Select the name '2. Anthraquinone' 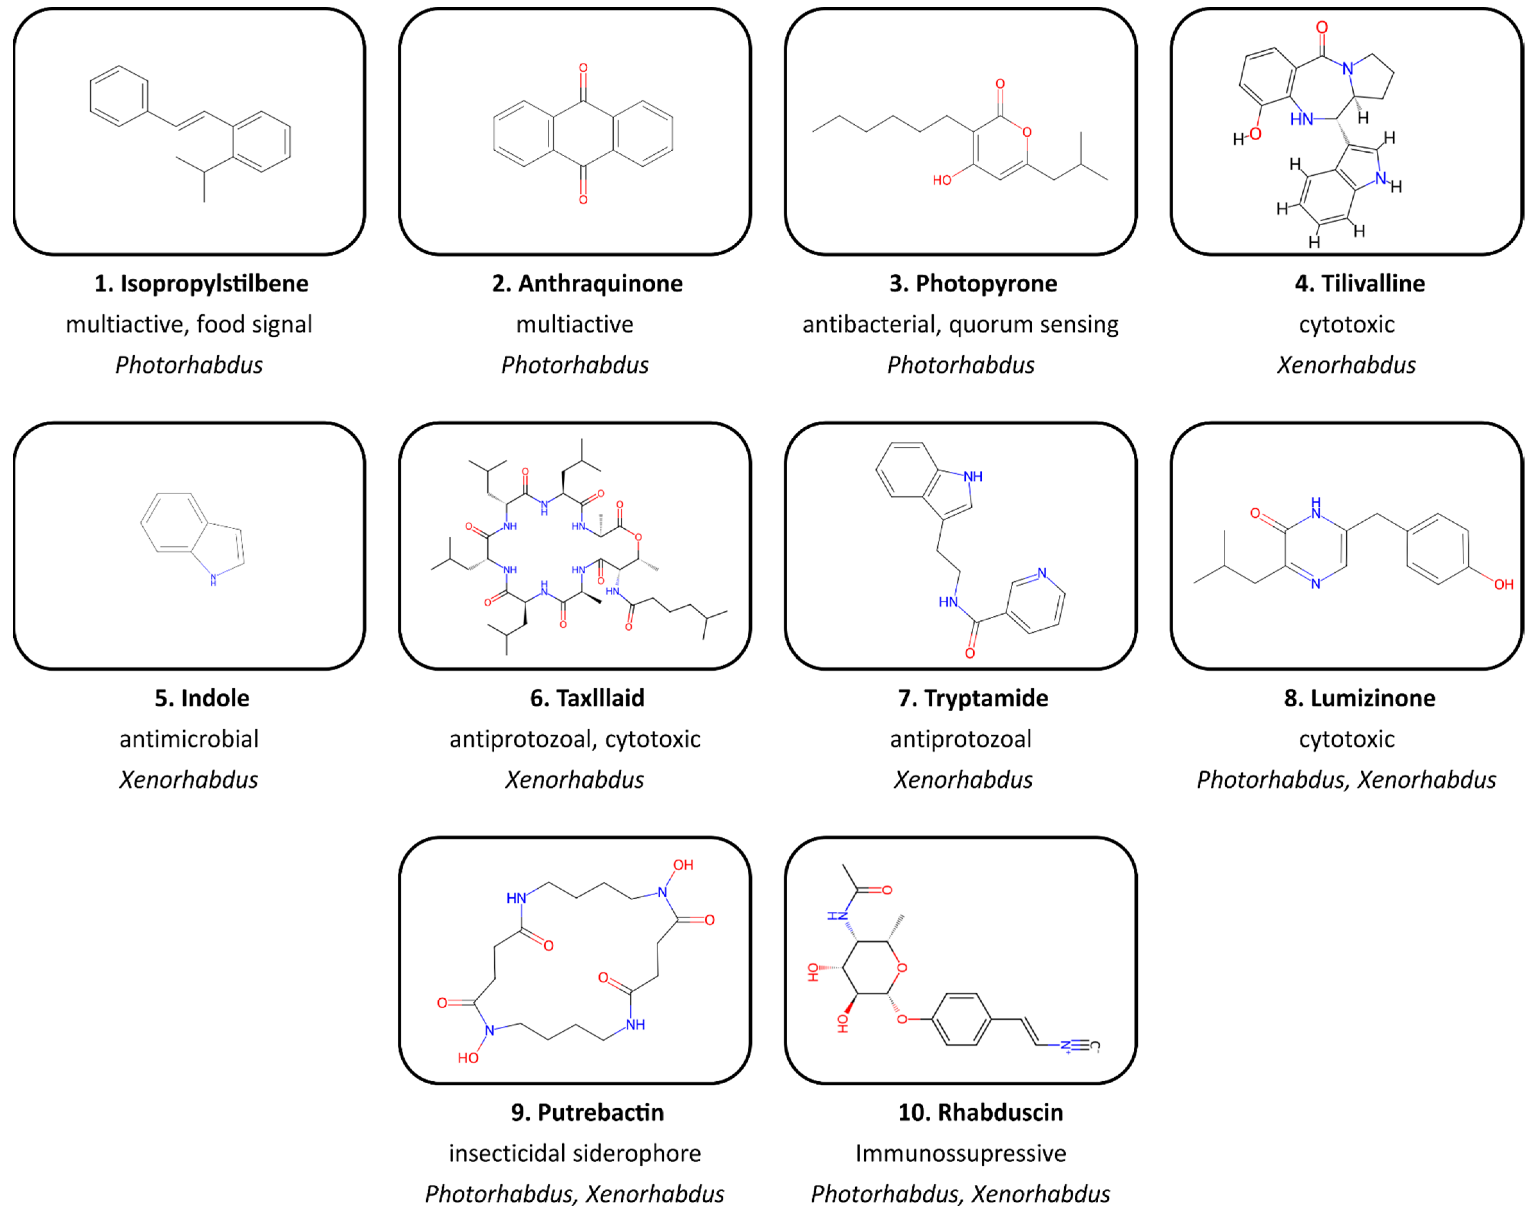pos(587,284)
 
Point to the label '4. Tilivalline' pos(1359,284)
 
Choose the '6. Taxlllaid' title pos(587,698)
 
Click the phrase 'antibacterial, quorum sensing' pos(960,324)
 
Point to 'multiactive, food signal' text pos(189,324)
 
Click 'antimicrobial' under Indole pos(189,739)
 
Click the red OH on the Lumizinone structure pos(1503,584)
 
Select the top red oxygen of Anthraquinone pos(583,68)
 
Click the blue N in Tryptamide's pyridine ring pos(1042,573)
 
